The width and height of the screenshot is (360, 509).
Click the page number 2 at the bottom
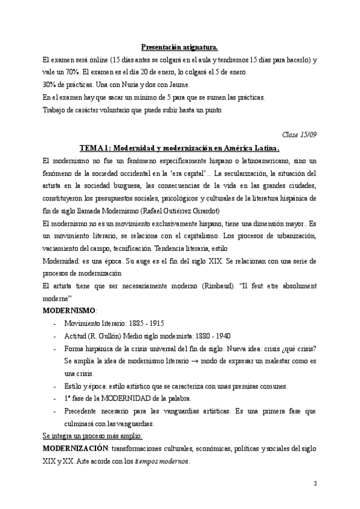coord(315,483)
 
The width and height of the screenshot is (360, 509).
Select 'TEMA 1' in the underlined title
coord(95,148)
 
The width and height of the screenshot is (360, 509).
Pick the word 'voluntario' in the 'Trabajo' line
coord(136,110)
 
